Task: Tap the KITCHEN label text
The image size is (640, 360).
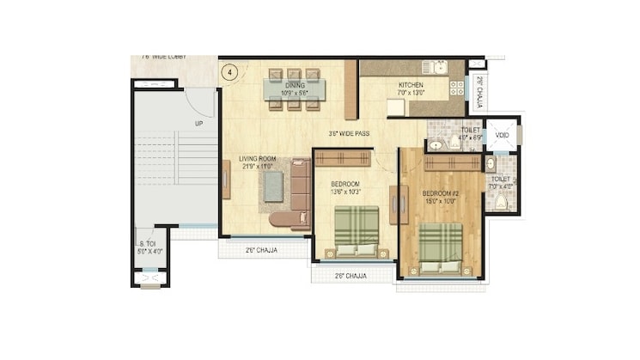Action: [x=411, y=85]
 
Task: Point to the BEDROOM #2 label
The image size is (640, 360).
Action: [x=440, y=194]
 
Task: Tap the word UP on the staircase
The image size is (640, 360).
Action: [x=198, y=124]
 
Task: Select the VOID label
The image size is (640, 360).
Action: [x=502, y=135]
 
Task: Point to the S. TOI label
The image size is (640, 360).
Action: [x=147, y=244]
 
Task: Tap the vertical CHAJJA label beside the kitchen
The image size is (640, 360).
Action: [x=479, y=88]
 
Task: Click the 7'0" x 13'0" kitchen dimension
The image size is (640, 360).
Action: [x=411, y=93]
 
